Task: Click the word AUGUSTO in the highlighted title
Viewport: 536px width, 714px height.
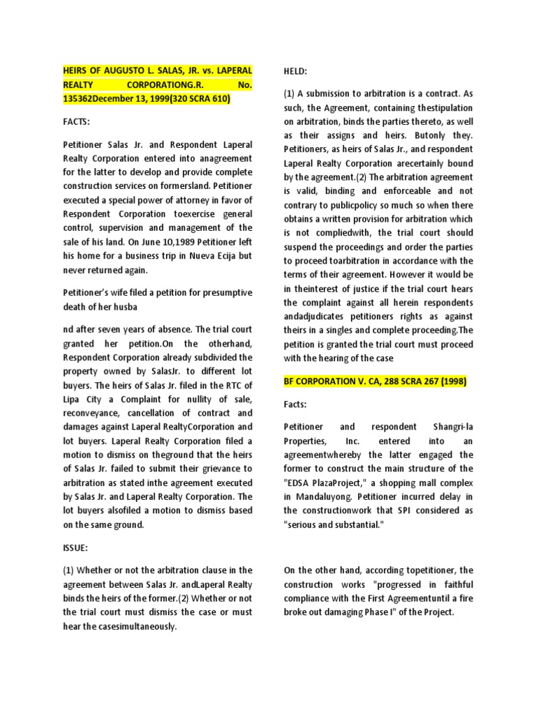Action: [123, 72]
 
